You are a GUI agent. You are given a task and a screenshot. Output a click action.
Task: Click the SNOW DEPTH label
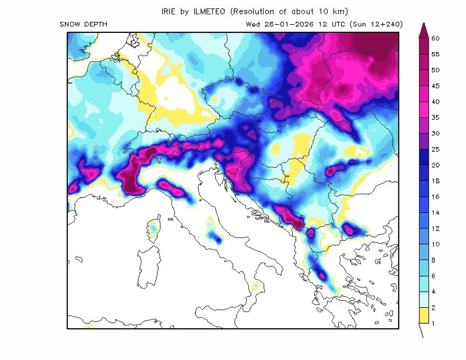point(83,24)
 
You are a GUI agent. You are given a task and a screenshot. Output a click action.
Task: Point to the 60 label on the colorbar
point(435,38)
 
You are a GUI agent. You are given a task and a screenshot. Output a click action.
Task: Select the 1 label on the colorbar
point(433,323)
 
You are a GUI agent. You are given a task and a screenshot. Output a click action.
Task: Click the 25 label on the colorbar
point(435,149)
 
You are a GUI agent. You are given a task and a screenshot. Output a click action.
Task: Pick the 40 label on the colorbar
point(435,102)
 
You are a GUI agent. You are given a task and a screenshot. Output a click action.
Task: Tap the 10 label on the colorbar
point(435,244)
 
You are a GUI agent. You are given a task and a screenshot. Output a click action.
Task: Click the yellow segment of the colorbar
point(423,315)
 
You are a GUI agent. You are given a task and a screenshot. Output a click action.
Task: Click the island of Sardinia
point(148,269)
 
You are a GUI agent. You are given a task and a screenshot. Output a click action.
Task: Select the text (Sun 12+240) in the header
point(378,24)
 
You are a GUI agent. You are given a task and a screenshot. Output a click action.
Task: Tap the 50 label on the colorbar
point(435,70)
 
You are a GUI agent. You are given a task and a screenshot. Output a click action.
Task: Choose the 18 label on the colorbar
point(435,181)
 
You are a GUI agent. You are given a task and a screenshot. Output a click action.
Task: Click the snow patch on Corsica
point(153,228)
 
